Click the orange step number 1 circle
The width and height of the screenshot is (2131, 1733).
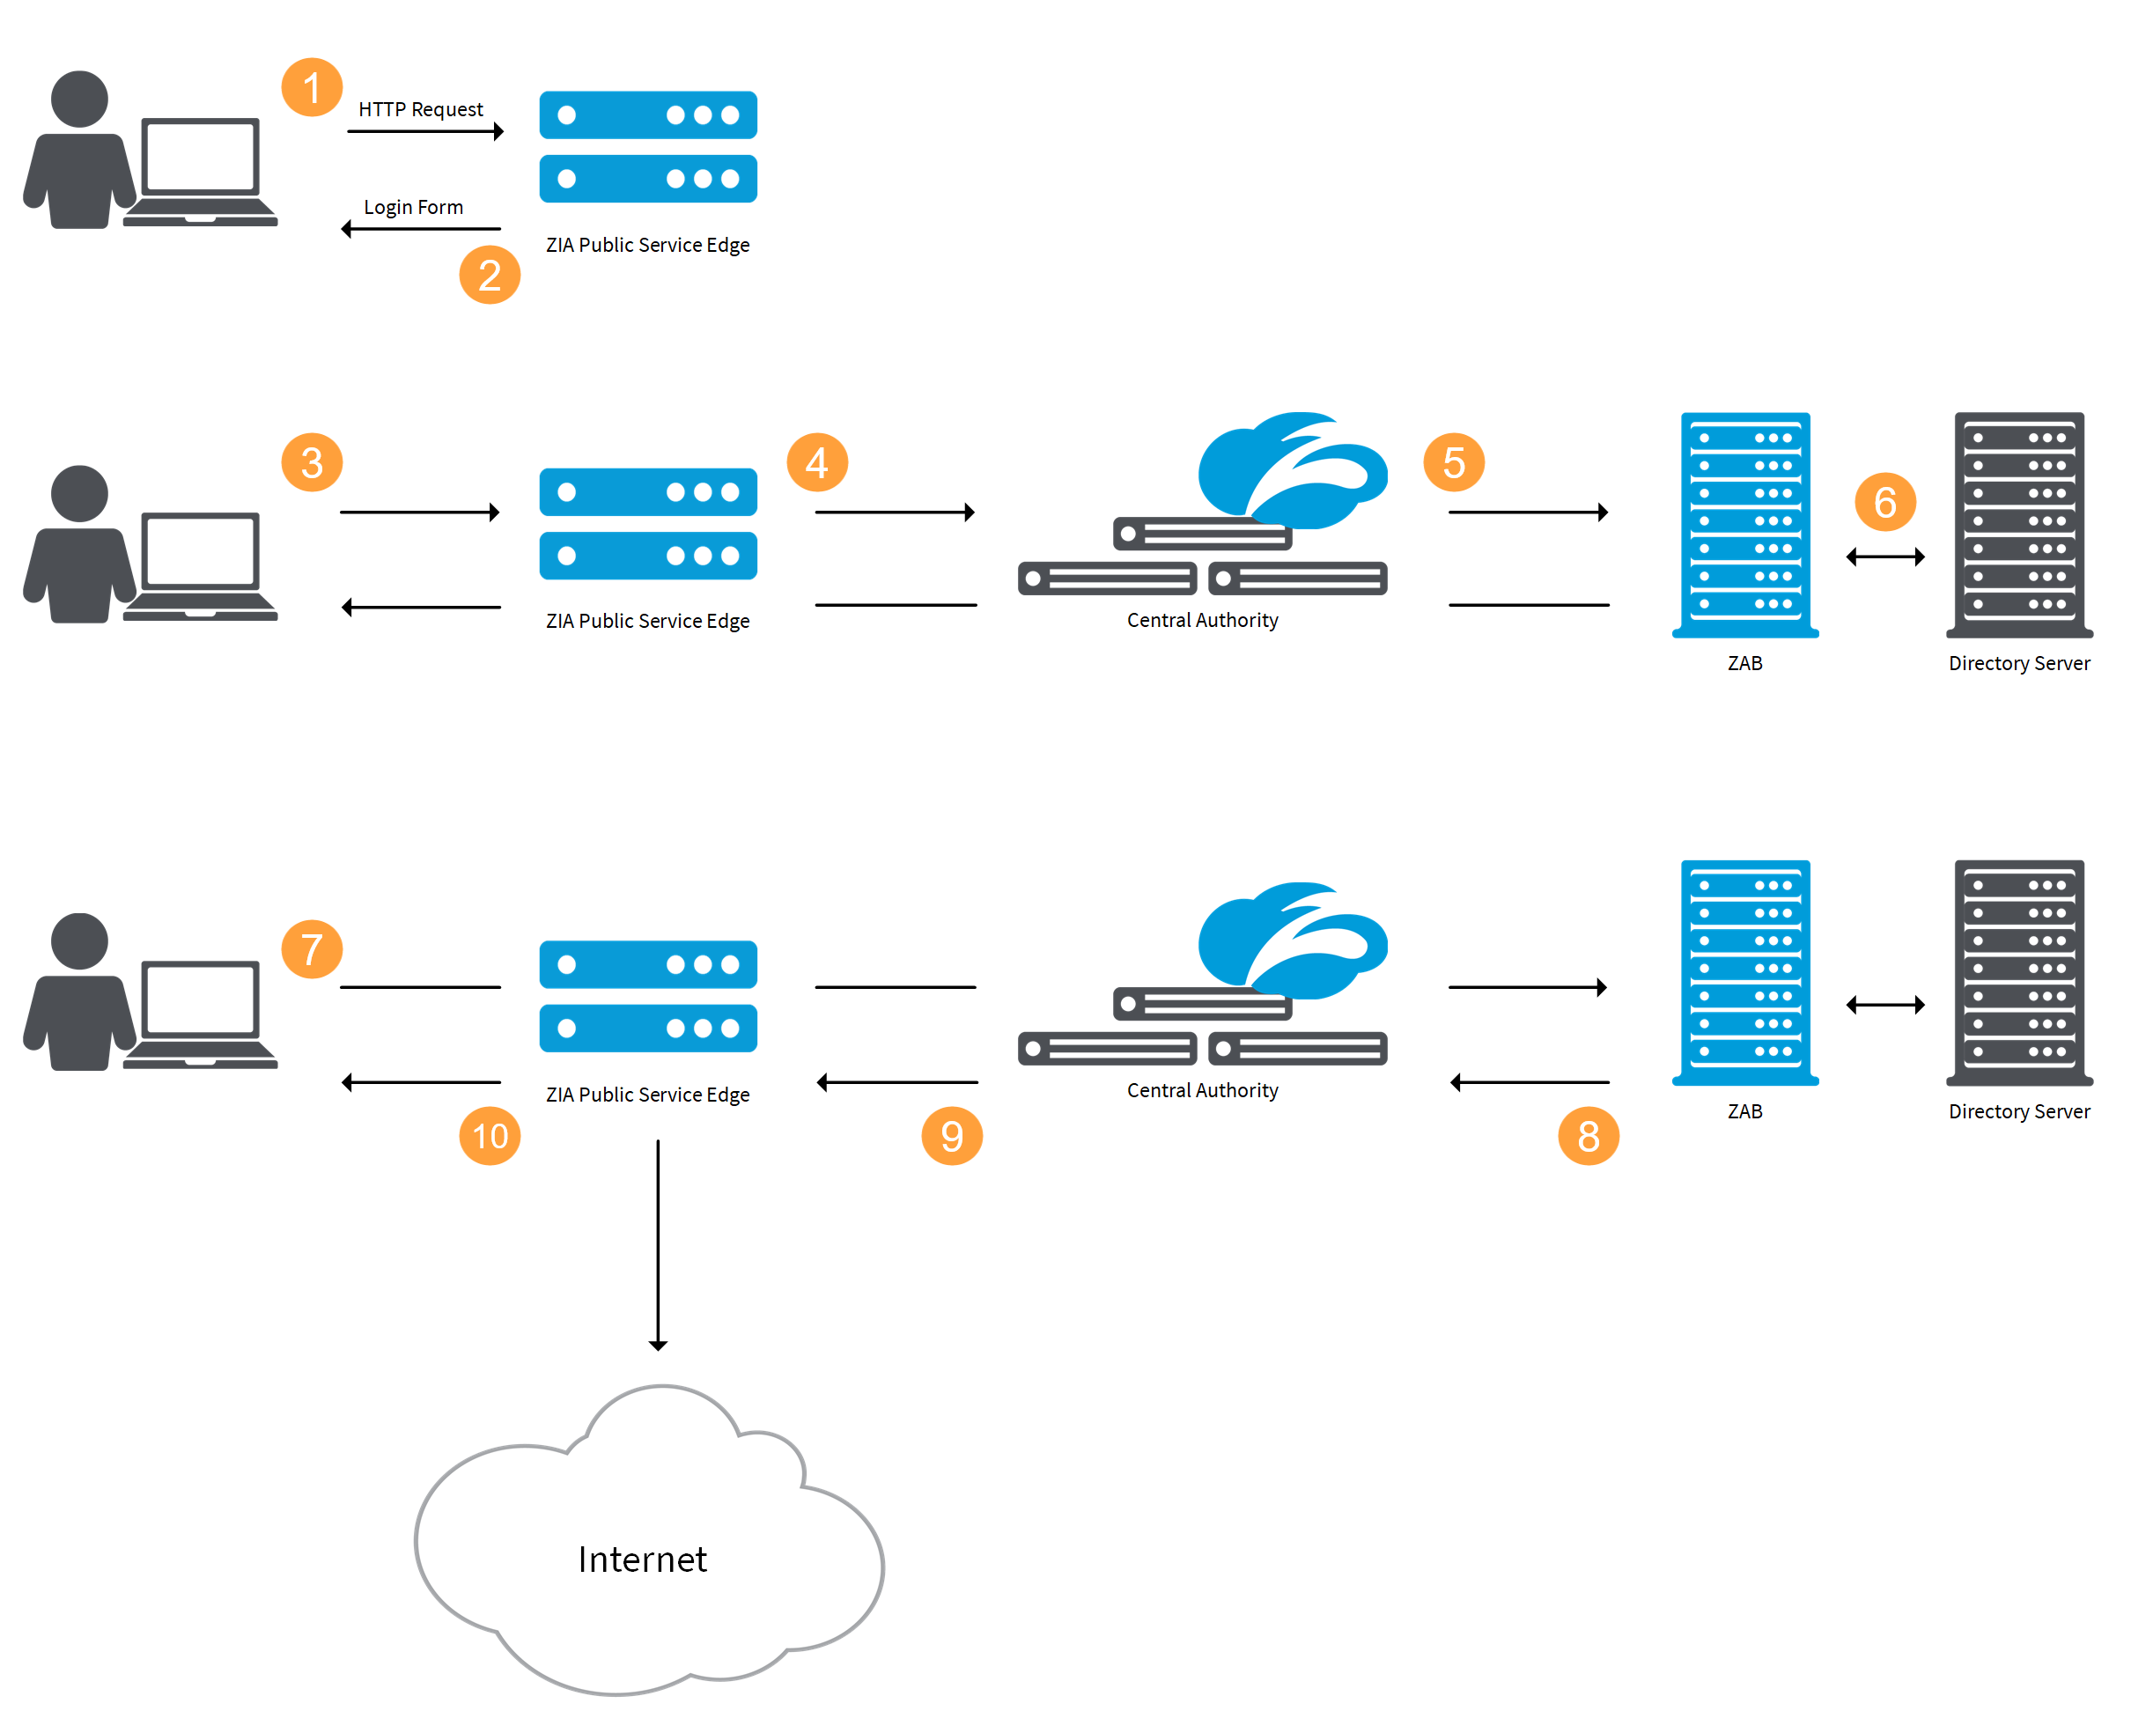tap(312, 88)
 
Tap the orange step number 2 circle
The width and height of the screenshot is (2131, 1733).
tap(489, 275)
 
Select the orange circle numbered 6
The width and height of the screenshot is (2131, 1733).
tap(1884, 501)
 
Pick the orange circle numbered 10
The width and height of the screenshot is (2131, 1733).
tap(489, 1135)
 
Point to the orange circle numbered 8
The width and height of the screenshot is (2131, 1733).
tap(1588, 1135)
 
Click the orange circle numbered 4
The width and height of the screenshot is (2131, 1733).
tap(816, 462)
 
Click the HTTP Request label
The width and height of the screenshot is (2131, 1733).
tap(420, 109)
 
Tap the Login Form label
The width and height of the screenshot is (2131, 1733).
tap(413, 207)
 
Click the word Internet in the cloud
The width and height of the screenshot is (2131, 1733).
tap(642, 1560)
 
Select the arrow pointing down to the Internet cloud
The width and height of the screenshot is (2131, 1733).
tap(658, 1245)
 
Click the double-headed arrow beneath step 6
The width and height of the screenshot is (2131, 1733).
tap(1884, 557)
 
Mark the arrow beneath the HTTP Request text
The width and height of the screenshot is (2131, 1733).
tap(425, 132)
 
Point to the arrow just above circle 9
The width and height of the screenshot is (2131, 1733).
tap(896, 1082)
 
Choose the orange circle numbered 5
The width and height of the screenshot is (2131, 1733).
tap(1453, 462)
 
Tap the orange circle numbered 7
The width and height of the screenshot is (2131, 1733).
tap(312, 948)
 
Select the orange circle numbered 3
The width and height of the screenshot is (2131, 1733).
tap(312, 462)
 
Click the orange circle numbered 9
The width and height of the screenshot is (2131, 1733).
tap(951, 1135)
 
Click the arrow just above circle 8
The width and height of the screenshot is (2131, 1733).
tap(1530, 1082)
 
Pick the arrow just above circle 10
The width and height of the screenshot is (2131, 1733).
tap(421, 1082)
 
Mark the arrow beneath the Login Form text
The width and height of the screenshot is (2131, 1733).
tap(421, 230)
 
